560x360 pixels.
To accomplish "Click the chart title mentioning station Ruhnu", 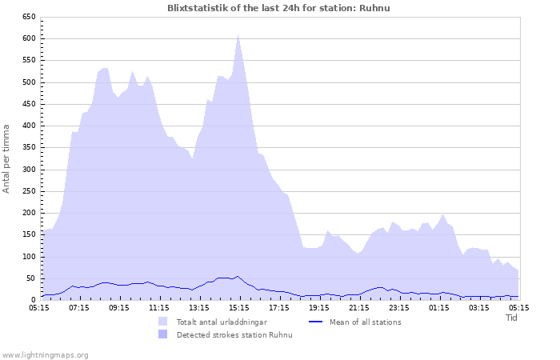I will (279, 7).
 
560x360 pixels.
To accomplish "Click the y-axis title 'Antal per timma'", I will (7, 158).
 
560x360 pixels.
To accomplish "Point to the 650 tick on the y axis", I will (29, 17).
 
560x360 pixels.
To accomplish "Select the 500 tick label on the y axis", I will (29, 82).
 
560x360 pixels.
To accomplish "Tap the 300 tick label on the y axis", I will (29, 170).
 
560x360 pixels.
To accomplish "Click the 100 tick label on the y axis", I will (29, 257).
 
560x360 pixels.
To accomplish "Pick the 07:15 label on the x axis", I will (79, 307).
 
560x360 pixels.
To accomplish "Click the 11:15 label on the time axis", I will (159, 307).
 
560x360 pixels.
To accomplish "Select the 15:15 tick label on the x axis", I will (239, 307).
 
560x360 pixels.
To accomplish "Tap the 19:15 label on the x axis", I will (319, 307).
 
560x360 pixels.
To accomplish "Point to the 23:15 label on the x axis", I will (399, 307).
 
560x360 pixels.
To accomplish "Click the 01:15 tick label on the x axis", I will (439, 307).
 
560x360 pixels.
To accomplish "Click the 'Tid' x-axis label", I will (512, 318).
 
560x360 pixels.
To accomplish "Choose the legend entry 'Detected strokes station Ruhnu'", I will (234, 334).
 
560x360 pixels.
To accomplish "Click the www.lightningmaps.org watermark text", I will (45, 354).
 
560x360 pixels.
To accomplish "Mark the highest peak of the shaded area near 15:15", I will (238, 34).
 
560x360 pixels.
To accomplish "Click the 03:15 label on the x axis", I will (479, 307).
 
